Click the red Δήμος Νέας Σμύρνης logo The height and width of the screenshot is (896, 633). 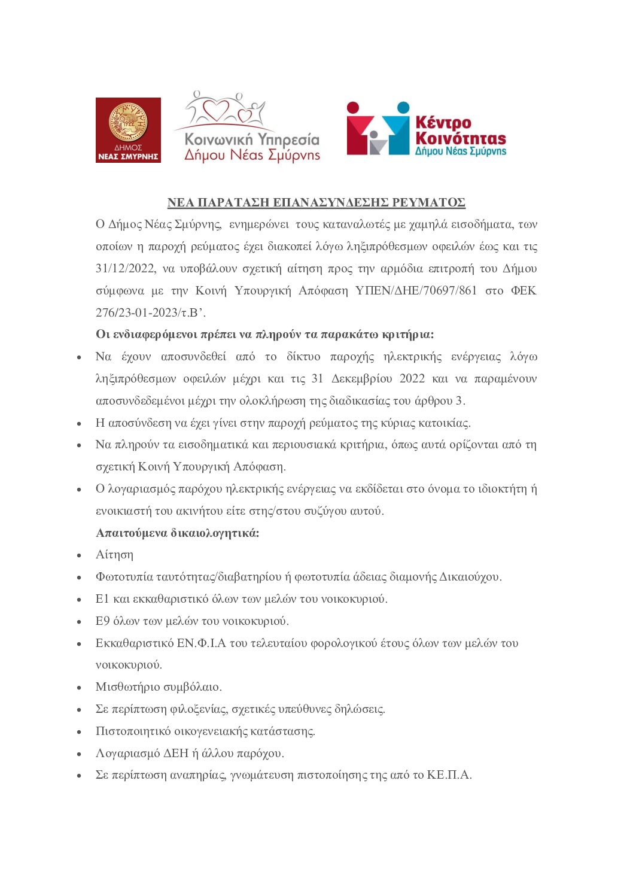[x=128, y=130]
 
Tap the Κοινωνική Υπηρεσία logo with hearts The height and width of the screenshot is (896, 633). [x=247, y=127]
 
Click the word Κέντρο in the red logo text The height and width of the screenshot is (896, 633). [x=443, y=123]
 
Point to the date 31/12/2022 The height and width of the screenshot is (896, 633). [x=126, y=269]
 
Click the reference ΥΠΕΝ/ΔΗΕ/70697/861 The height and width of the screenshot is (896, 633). [x=416, y=291]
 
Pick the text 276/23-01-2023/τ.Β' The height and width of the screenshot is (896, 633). [x=151, y=312]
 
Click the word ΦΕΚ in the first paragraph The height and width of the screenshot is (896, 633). [x=524, y=291]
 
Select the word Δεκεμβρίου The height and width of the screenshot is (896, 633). [x=362, y=379]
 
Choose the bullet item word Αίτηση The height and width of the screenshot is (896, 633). [x=114, y=555]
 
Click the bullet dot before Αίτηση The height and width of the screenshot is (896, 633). [x=79, y=556]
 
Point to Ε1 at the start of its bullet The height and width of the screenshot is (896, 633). [x=102, y=599]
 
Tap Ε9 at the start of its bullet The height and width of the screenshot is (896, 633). [x=102, y=621]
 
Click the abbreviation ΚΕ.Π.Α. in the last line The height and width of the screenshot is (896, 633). [x=449, y=775]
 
